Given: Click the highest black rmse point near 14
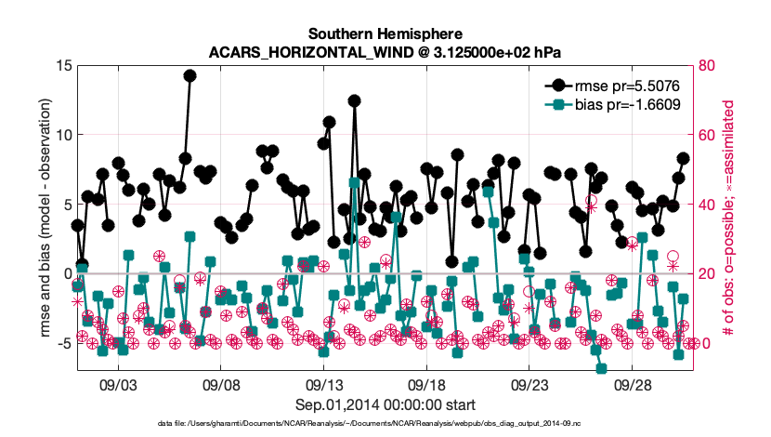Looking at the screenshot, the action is pos(189,75).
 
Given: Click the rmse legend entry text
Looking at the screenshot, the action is pos(627,86).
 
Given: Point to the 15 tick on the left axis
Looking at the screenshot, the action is pos(64,65).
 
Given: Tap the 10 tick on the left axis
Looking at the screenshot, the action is pos(64,135).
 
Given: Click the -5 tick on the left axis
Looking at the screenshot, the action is pos(64,343).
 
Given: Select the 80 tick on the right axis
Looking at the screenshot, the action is pos(707,65).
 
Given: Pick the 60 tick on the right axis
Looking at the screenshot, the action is pos(707,135).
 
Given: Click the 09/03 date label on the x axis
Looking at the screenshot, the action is pos(118,385).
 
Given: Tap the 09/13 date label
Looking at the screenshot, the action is pos(323,385).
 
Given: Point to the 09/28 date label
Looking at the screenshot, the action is pos(632,385).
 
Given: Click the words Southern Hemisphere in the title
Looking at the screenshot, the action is pos(385,34).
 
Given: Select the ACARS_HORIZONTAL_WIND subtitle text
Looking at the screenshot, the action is pos(311,52).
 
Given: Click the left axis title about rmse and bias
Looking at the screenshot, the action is pos(45,218).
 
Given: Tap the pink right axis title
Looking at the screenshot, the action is pos(728,218).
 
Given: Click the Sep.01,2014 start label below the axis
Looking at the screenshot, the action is pos(385,404).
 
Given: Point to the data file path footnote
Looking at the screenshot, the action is pos(369,423).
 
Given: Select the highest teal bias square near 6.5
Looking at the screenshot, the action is pos(354,183).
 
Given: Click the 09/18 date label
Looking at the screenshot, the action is pos(425,385).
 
